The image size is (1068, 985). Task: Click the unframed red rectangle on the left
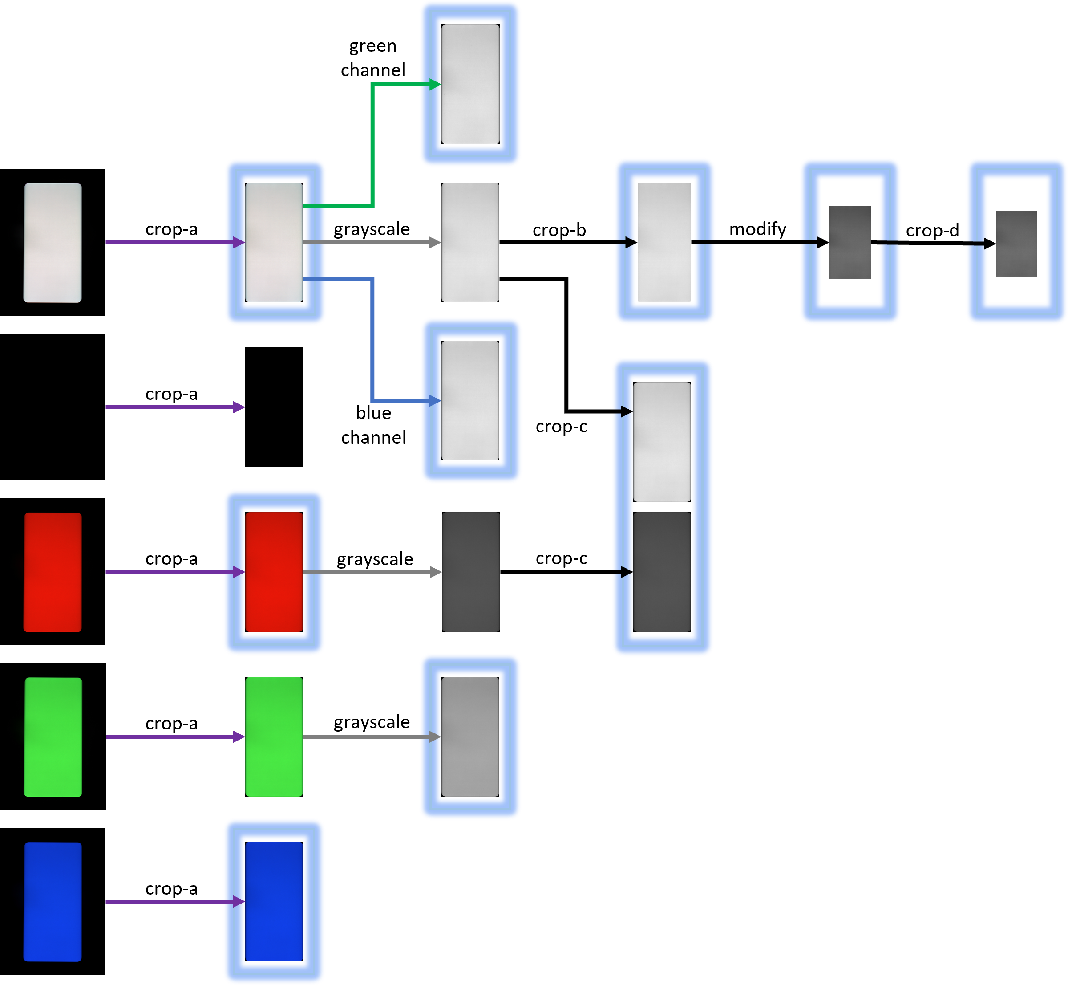[x=53, y=573]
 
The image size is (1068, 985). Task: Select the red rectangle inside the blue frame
[x=274, y=573]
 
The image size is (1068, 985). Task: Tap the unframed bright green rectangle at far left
[x=53, y=737]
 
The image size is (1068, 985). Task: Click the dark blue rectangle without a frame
[x=53, y=902]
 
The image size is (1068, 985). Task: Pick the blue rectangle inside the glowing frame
[x=274, y=902]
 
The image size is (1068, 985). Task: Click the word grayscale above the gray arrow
[x=372, y=232]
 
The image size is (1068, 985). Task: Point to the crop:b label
[x=559, y=232]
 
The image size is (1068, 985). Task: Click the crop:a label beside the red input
[x=171, y=562]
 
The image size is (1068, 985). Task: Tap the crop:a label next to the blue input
[x=171, y=892]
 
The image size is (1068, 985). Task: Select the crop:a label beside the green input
[x=171, y=728]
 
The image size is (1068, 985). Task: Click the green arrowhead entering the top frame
[x=435, y=84]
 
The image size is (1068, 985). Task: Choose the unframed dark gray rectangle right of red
[x=471, y=573]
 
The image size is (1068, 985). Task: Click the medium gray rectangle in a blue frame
[x=470, y=737]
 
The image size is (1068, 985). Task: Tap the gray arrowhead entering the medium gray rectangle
[x=435, y=737]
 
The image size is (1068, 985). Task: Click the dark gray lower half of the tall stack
[x=662, y=573]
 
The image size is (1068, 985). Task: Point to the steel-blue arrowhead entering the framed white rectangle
[x=435, y=400]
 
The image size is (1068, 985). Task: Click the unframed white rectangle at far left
[x=53, y=243]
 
